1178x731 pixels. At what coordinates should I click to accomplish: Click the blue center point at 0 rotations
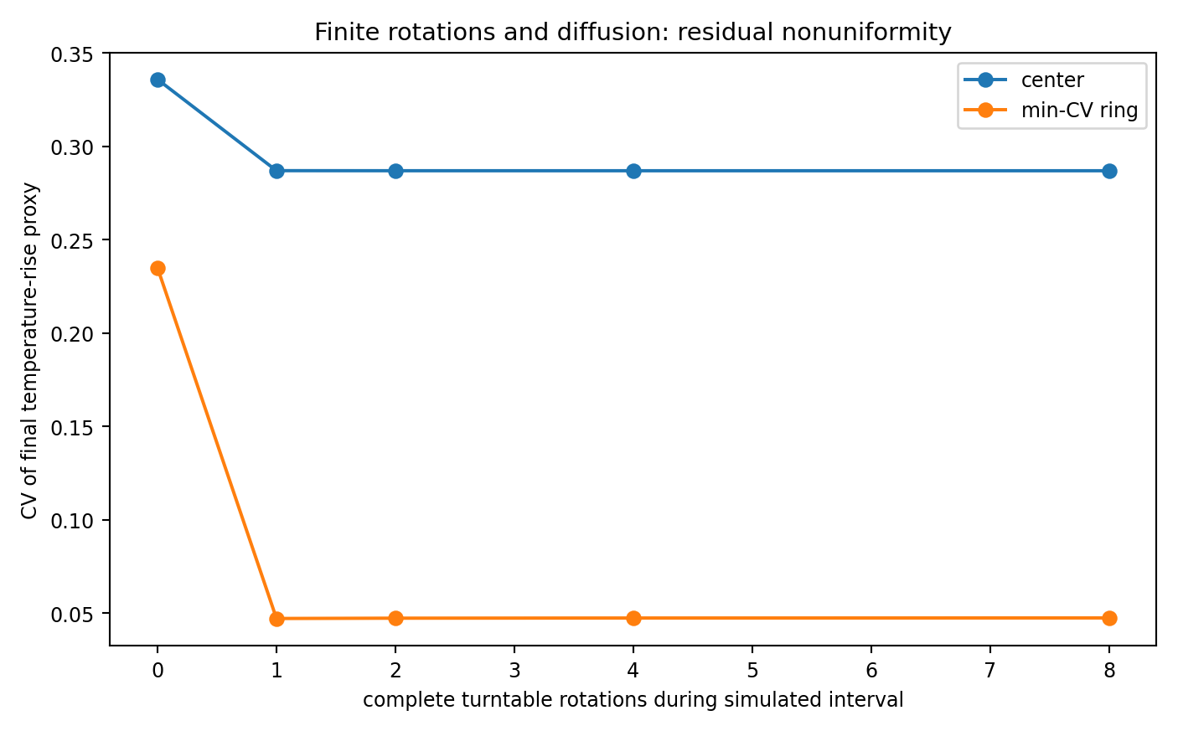click(x=158, y=80)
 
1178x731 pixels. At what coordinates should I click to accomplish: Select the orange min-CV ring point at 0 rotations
click(x=158, y=269)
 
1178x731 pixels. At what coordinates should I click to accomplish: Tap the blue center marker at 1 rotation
click(x=276, y=172)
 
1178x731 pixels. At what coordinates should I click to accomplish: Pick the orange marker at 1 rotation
click(x=276, y=619)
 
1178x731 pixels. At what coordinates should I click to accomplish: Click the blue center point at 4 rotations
click(x=633, y=172)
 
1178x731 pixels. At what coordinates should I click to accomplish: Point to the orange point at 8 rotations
click(x=1109, y=618)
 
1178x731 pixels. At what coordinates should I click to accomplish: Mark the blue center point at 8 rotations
click(x=1109, y=172)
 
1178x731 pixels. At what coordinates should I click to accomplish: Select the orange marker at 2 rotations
click(x=395, y=619)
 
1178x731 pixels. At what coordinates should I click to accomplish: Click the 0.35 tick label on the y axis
click(x=72, y=54)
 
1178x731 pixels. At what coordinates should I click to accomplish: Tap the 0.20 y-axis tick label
click(x=72, y=334)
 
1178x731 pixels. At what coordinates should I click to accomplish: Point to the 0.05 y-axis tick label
click(x=72, y=614)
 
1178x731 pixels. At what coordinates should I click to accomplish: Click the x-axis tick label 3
click(x=514, y=670)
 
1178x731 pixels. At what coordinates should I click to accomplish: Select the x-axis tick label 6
click(x=871, y=670)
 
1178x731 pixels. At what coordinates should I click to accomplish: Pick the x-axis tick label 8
click(x=1109, y=670)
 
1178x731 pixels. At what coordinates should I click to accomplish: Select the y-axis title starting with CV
click(x=29, y=351)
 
